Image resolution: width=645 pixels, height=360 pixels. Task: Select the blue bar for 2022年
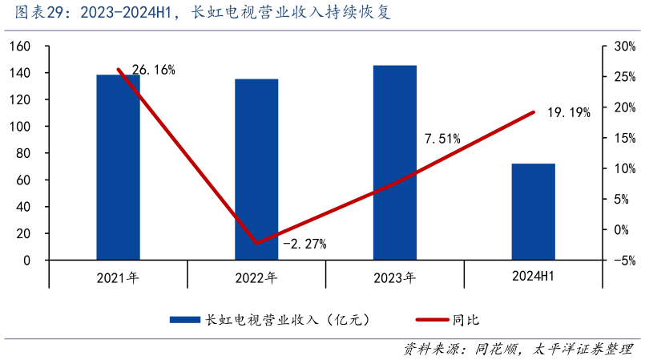click(256, 169)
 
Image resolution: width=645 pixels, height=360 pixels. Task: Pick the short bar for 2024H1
click(533, 212)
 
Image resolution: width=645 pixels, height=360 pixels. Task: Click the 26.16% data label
click(153, 71)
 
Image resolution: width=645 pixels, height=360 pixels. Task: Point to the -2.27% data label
click(304, 245)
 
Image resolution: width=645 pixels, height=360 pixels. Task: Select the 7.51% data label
click(442, 139)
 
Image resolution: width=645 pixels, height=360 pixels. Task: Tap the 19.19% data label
click(569, 113)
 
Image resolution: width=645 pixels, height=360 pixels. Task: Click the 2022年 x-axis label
click(256, 278)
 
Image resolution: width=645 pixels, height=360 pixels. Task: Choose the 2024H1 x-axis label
click(533, 277)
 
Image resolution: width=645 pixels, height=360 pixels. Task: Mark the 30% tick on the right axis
click(624, 47)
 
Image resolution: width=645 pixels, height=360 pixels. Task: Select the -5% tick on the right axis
click(624, 260)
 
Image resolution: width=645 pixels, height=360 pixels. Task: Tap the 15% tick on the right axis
click(624, 138)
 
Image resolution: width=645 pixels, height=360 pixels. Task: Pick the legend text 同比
click(466, 320)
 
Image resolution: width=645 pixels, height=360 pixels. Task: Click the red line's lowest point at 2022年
click(256, 242)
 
